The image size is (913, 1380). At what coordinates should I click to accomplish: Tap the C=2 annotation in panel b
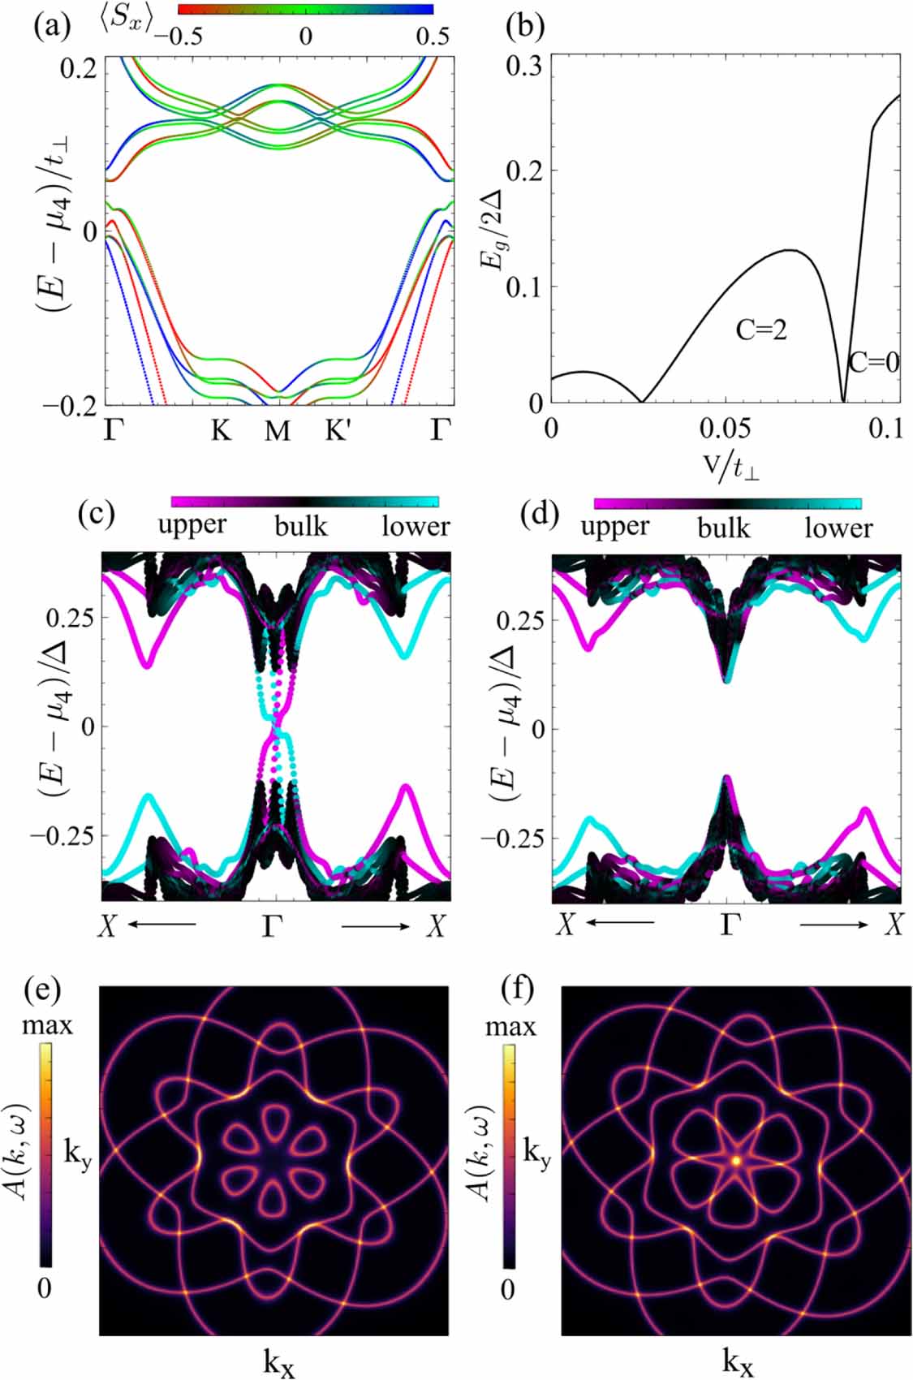point(760,330)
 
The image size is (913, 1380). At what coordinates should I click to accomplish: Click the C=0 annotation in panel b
point(874,362)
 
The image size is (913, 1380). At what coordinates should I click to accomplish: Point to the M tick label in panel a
point(278,431)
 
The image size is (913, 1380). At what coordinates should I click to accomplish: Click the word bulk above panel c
point(301,527)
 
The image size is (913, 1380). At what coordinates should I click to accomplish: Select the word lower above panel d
point(838,528)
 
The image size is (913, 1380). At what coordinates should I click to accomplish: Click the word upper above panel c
point(192,526)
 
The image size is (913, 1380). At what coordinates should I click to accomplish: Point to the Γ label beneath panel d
point(728,925)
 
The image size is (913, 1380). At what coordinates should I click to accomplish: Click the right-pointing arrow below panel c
point(376,926)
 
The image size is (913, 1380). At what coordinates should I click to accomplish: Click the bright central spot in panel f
point(736,1161)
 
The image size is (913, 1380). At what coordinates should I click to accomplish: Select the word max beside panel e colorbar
point(47,1025)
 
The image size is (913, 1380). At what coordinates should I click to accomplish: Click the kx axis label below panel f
point(737,1363)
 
